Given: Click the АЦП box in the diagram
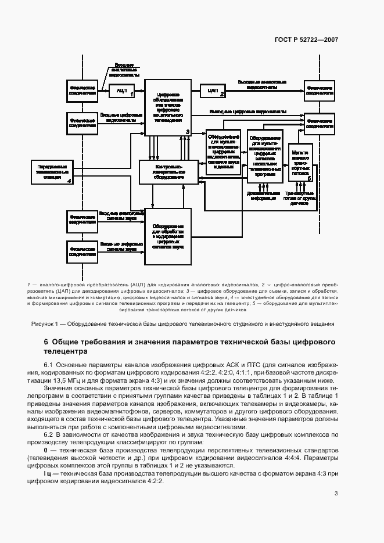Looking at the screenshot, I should pyautogui.click(x=122, y=91).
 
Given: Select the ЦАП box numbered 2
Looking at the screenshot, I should pyautogui.click(x=213, y=91).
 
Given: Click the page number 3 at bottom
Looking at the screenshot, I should pyautogui.click(x=336, y=494).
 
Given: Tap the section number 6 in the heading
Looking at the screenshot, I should pyautogui.click(x=46, y=342).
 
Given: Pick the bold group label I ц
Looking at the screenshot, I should pyautogui.click(x=48, y=474).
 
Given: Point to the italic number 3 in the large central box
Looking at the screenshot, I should pyautogui.click(x=188, y=132).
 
